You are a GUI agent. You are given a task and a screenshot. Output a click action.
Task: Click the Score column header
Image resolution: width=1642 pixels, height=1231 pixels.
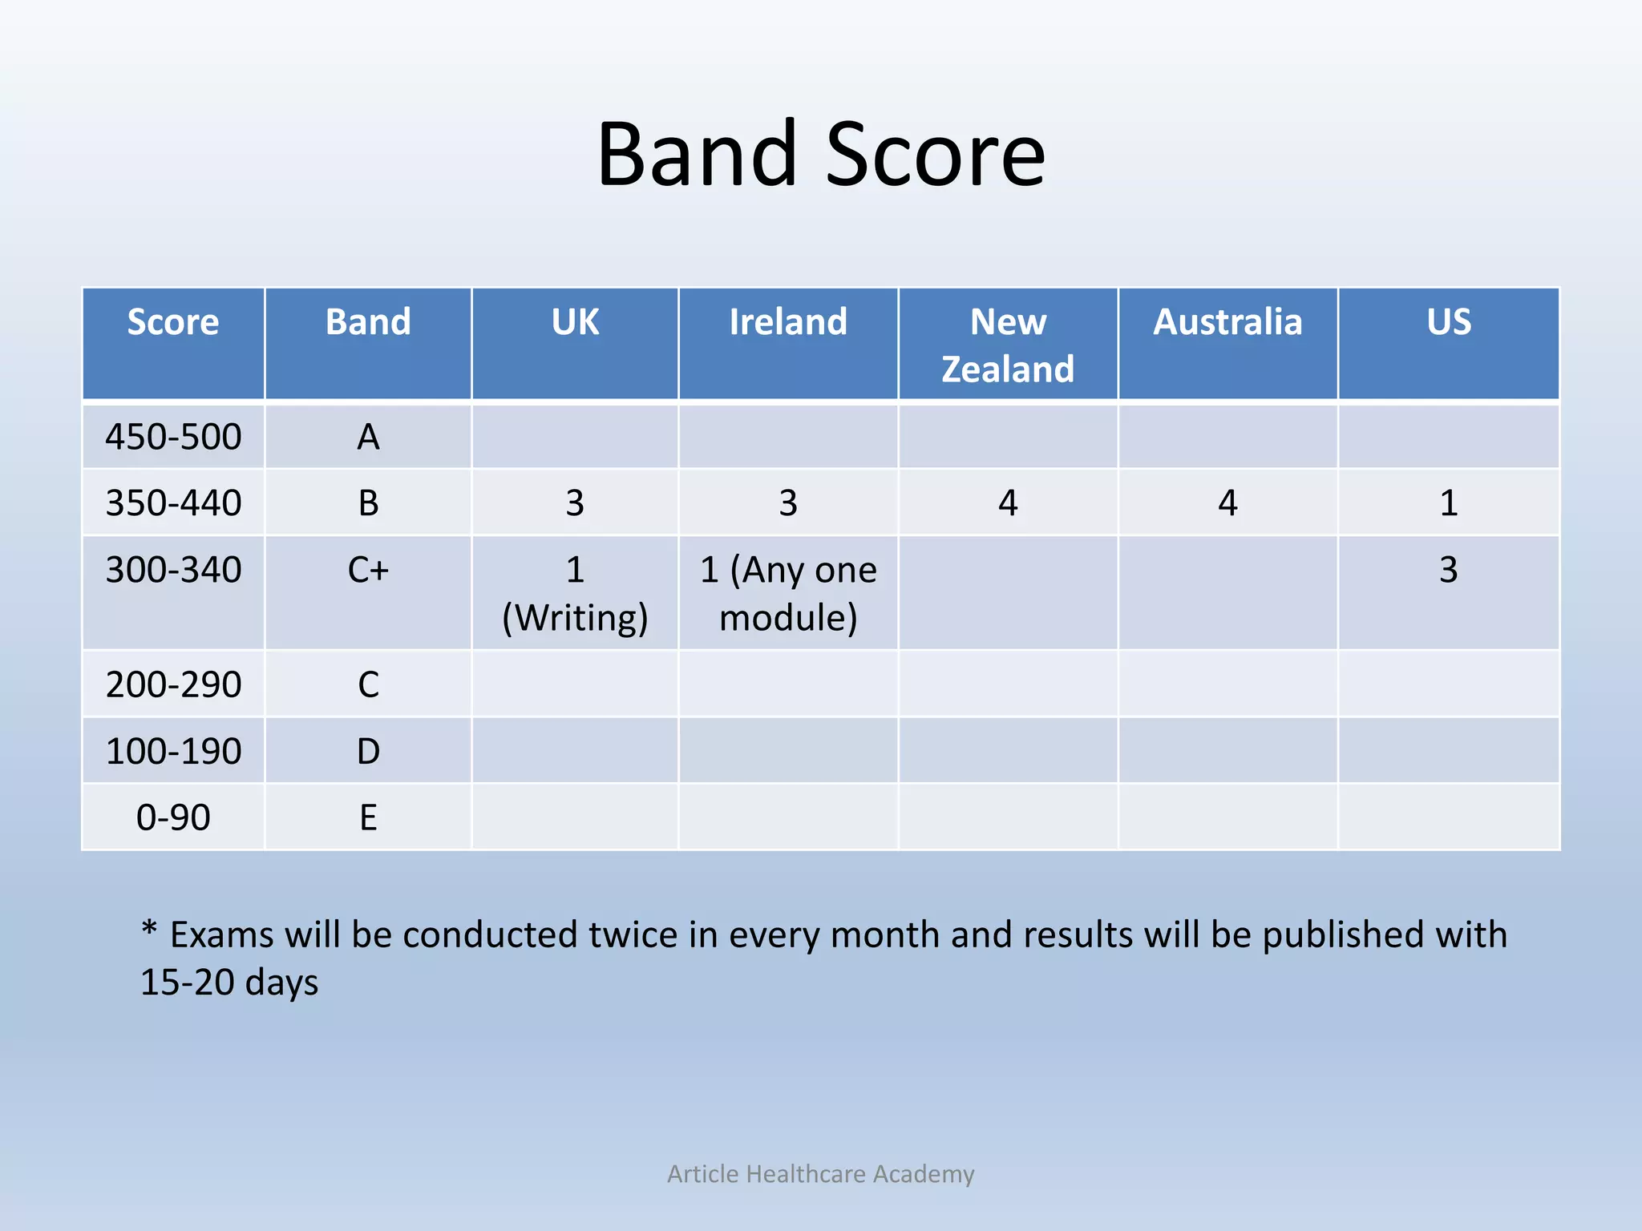[173, 322]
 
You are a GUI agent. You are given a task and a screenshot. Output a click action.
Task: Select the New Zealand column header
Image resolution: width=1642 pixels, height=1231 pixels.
[1008, 345]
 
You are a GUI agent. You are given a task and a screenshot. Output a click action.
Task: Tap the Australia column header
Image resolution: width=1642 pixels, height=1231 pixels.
[1227, 322]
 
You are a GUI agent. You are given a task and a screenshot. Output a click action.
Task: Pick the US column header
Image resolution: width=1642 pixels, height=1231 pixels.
[1448, 322]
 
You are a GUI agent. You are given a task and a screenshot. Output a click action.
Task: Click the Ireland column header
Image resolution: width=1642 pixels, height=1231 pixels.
[788, 322]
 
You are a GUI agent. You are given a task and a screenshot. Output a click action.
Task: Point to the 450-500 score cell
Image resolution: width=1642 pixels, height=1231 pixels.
[173, 437]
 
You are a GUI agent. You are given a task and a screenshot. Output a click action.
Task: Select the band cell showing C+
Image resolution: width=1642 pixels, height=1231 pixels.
[368, 570]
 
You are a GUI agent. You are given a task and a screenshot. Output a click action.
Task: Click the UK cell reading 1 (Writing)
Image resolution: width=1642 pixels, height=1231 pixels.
[575, 593]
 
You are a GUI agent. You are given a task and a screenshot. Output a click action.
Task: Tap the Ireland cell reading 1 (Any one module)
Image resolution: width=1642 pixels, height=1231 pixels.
[788, 593]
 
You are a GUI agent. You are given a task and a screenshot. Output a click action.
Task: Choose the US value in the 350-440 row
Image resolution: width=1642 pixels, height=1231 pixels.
[1448, 503]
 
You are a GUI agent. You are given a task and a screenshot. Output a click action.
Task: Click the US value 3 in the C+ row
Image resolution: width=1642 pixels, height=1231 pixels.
[1448, 570]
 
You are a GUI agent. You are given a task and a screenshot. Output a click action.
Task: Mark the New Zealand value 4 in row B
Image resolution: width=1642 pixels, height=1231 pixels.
[1008, 503]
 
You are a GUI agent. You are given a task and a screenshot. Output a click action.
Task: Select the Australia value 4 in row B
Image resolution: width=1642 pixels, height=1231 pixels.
[1227, 503]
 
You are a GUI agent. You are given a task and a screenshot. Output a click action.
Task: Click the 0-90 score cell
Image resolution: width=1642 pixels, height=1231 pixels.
[173, 817]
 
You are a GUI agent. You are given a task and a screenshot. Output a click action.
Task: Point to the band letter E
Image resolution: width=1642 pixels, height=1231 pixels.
[368, 817]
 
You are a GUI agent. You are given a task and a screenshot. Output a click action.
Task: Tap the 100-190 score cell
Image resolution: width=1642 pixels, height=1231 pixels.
[173, 751]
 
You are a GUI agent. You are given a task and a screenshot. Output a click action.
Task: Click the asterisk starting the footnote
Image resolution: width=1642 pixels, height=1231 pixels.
[149, 930]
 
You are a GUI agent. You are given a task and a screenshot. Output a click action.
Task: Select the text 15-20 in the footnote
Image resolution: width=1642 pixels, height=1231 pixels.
[187, 983]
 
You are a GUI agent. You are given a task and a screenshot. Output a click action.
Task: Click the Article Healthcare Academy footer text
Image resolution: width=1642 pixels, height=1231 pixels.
[820, 1173]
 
